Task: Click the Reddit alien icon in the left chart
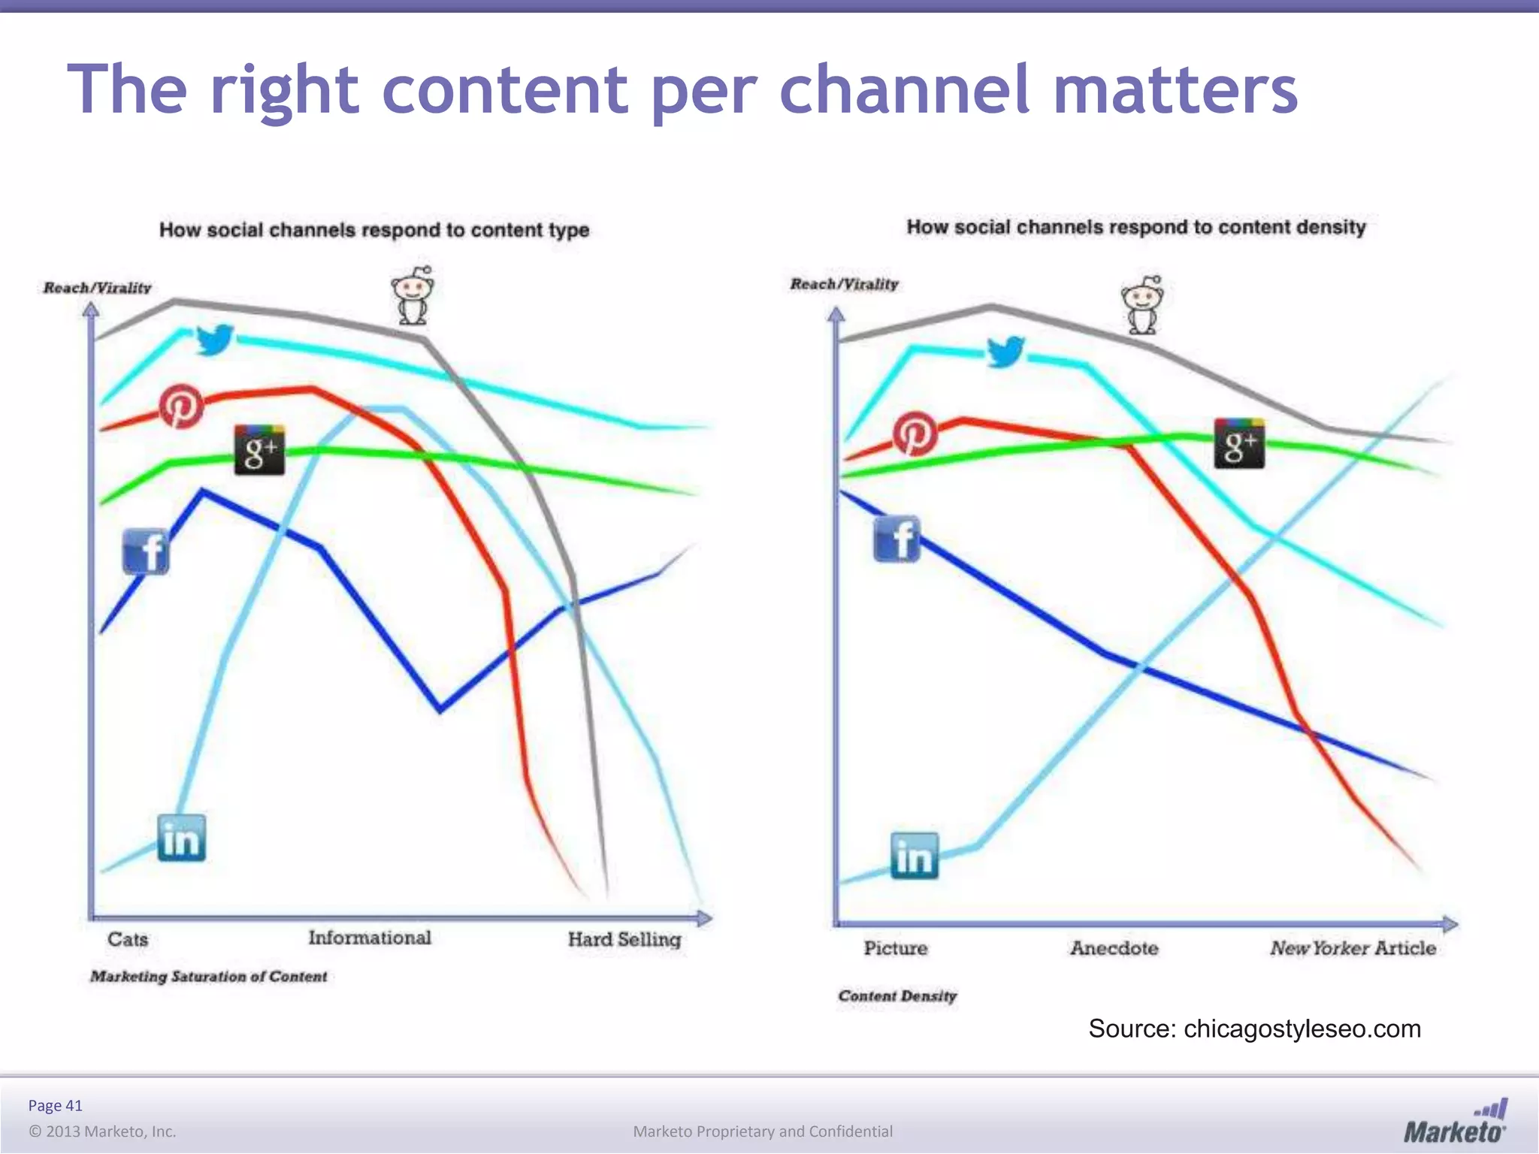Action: (x=413, y=296)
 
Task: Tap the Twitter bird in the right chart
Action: (x=1005, y=351)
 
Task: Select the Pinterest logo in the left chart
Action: (x=181, y=406)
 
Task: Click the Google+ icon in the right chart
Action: (x=1239, y=444)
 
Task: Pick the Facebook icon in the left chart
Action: (x=146, y=551)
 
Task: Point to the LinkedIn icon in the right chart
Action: (x=914, y=856)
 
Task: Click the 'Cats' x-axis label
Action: (x=128, y=939)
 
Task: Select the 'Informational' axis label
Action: (x=370, y=938)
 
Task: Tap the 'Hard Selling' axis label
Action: (x=624, y=939)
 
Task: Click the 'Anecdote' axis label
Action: (x=1114, y=948)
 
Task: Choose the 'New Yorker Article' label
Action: (x=1353, y=948)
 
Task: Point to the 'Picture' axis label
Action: (x=895, y=948)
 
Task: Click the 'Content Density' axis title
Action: (x=897, y=995)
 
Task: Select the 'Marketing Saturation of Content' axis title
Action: (x=209, y=976)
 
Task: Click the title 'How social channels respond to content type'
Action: (x=374, y=230)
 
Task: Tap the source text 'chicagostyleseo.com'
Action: (x=1302, y=1029)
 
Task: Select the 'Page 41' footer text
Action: (x=55, y=1105)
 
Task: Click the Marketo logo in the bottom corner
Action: (x=1455, y=1122)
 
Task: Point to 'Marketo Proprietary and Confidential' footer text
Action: (x=763, y=1131)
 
